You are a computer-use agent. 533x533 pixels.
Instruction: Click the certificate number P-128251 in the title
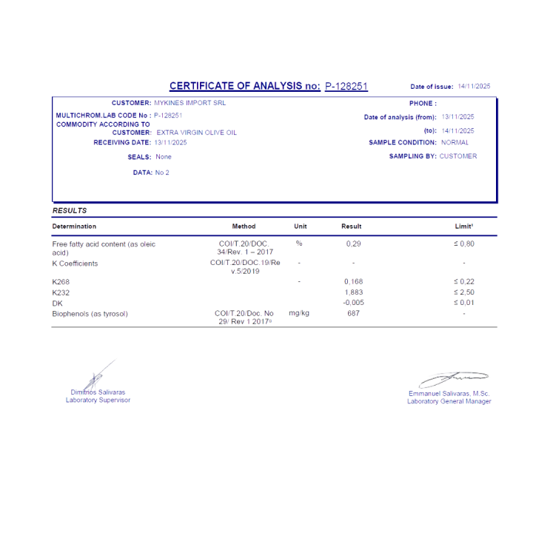[x=346, y=87]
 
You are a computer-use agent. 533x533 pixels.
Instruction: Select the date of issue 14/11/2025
[x=474, y=87]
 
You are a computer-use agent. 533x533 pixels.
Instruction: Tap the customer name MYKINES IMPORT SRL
[x=188, y=103]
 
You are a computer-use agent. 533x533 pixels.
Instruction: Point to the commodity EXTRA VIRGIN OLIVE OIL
[x=197, y=133]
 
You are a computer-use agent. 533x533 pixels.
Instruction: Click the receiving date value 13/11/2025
[x=171, y=142]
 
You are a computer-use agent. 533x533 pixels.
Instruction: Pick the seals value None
[x=164, y=157]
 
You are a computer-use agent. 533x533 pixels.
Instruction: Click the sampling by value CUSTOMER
[x=458, y=156]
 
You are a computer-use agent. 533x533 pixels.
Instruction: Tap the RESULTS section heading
[x=70, y=211]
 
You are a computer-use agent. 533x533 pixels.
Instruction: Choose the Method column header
[x=244, y=227]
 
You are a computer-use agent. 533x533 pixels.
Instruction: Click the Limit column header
[x=464, y=227]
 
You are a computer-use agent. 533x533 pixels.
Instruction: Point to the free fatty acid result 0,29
[x=354, y=244]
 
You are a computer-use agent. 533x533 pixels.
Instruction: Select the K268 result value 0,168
[x=354, y=282]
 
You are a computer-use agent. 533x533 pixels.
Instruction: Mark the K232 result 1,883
[x=354, y=293]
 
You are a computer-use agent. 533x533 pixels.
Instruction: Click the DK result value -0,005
[x=354, y=304]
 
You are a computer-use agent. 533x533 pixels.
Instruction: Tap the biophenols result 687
[x=354, y=314]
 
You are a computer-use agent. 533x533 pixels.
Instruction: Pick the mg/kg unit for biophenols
[x=299, y=314]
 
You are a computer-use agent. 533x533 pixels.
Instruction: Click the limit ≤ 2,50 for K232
[x=464, y=293]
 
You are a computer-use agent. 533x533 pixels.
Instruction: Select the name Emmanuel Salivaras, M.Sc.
[x=449, y=393]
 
